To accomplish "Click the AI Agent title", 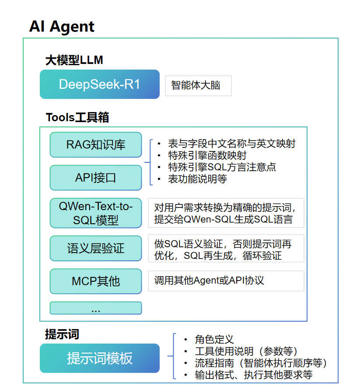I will [x=62, y=27].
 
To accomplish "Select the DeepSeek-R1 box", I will [x=100, y=84].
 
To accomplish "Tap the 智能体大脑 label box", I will [x=198, y=85].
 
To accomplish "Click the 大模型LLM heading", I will [x=74, y=60].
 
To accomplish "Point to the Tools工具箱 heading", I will [x=77, y=117].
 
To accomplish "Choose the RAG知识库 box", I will [x=96, y=144].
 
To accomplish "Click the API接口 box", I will [x=96, y=178].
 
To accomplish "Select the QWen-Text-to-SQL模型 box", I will [x=96, y=213].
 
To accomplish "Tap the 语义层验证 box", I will [x=96, y=249].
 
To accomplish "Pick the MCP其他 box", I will [x=96, y=281].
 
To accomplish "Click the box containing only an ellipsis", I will [x=96, y=308].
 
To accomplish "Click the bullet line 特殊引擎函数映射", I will [x=207, y=155].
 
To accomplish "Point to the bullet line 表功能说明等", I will [x=197, y=179].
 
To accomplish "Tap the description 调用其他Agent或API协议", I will [x=209, y=281].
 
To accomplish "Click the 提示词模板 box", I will [x=100, y=358].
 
